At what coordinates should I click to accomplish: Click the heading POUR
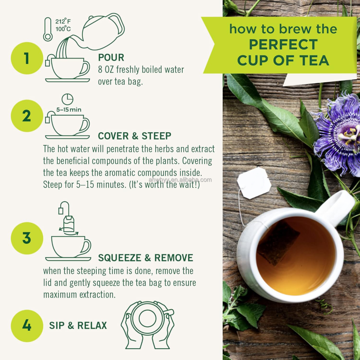click(x=111, y=58)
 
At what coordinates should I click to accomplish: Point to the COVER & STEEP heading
click(x=134, y=136)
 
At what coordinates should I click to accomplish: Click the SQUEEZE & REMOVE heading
click(x=145, y=258)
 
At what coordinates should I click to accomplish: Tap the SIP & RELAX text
click(x=78, y=325)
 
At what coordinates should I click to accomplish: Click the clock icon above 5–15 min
click(x=67, y=99)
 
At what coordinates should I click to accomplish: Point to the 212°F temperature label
click(x=63, y=21)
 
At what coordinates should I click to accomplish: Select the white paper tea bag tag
click(x=254, y=183)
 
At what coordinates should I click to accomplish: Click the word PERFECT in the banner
click(x=283, y=45)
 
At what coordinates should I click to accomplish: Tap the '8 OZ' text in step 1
click(x=106, y=70)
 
